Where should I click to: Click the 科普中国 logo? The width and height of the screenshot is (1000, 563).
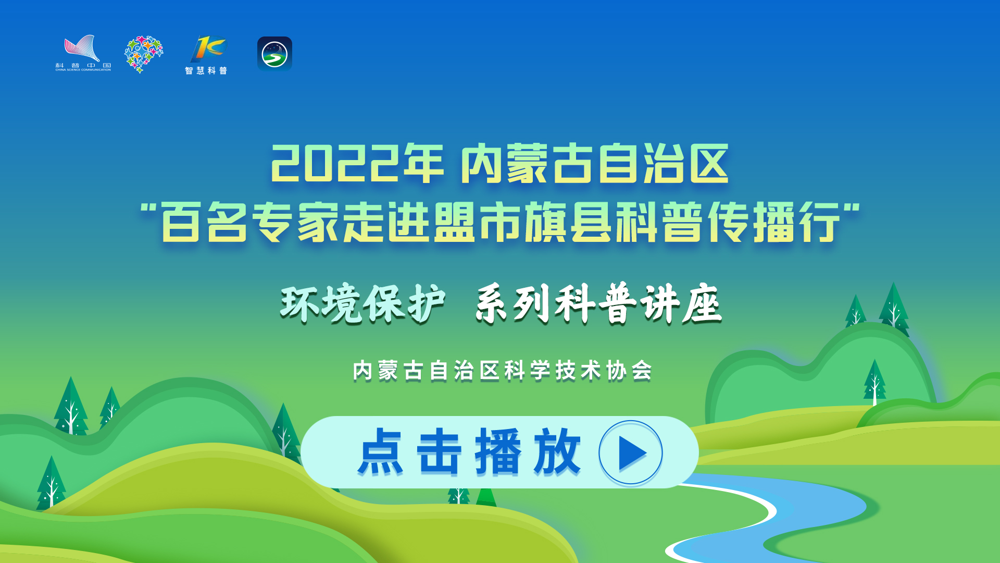pos(83,53)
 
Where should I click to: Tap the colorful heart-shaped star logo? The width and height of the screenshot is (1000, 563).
pos(144,54)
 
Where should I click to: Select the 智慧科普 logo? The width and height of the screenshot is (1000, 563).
pos(207,55)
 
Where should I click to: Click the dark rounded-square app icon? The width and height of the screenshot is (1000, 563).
pos(274,54)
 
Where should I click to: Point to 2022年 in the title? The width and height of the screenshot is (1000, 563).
pos(357,164)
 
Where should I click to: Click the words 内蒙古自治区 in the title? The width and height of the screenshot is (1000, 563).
pos(595,164)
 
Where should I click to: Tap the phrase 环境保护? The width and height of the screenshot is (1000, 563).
pos(362,304)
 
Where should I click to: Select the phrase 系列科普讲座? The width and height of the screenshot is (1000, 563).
pos(598,303)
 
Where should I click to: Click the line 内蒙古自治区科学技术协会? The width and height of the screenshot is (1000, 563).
pos(503,371)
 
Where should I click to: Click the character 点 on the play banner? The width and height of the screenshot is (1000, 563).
pos(381,451)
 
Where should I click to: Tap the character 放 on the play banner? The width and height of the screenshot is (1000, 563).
pos(556,451)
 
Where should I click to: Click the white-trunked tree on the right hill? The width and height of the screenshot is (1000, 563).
pos(875,383)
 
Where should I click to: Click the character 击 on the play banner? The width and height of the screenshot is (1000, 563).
pos(440,451)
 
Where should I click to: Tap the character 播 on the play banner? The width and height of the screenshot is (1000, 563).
pos(498,451)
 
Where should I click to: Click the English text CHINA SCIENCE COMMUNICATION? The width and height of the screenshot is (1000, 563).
pos(83,70)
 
